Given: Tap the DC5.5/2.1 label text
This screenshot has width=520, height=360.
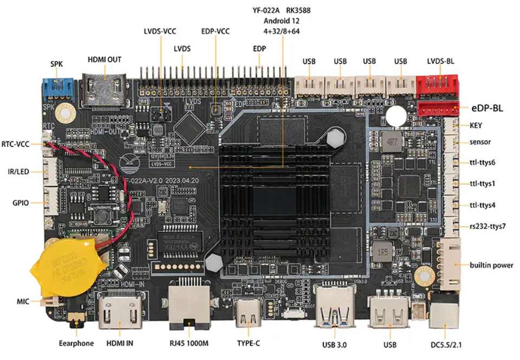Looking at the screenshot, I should click(x=448, y=344).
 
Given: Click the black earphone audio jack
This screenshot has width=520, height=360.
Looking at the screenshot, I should click(x=76, y=323).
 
